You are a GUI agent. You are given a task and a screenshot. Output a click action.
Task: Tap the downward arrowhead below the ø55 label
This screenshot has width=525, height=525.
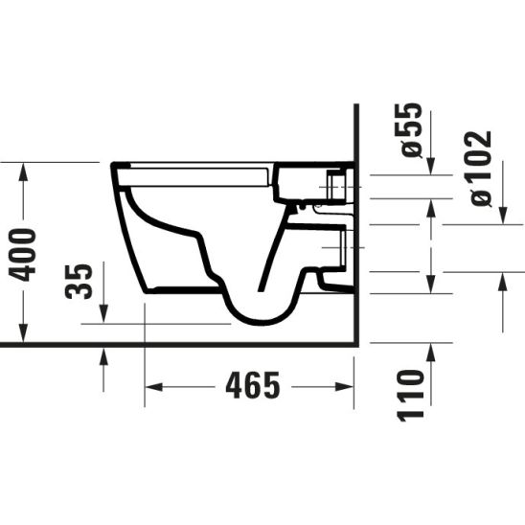(431, 168)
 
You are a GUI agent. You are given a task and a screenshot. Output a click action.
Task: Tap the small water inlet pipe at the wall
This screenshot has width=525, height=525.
(335, 184)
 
